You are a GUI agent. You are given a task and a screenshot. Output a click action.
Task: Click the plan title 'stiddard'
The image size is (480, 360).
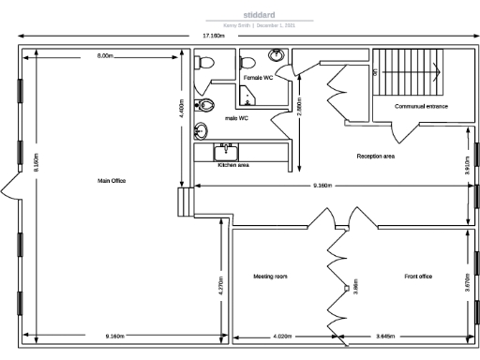point(259,15)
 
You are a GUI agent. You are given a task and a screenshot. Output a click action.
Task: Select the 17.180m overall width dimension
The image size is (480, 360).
point(214,36)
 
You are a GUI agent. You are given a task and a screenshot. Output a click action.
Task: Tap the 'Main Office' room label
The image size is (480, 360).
point(112,180)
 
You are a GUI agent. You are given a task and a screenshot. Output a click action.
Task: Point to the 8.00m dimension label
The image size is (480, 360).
point(104,56)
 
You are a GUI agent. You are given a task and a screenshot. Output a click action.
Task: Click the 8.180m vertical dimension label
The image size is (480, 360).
point(36,162)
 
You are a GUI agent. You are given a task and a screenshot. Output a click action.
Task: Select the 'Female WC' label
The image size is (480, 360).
point(257,78)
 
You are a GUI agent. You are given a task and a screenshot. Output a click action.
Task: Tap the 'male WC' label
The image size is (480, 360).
point(236,118)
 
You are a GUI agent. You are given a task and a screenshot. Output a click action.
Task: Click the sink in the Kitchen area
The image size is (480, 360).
point(225,150)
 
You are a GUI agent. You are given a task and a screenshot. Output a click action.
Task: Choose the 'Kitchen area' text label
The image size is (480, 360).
point(232,165)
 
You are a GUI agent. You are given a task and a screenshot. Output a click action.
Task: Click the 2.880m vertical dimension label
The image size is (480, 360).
point(299,106)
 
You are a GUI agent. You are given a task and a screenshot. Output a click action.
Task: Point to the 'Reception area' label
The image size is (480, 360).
point(375,156)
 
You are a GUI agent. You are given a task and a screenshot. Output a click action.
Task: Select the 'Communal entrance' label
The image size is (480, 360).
point(421,106)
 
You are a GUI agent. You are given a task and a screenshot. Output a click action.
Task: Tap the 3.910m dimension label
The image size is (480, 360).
point(467,165)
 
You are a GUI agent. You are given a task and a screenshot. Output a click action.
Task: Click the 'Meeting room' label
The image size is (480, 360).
point(270,277)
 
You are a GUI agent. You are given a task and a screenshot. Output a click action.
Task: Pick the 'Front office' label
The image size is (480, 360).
point(418,277)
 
